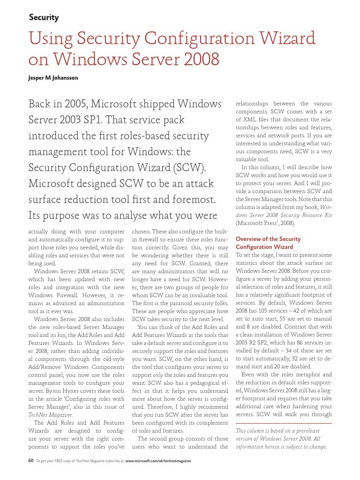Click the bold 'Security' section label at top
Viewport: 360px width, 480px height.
[x=44, y=18]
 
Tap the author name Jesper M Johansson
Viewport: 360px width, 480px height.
[x=53, y=78]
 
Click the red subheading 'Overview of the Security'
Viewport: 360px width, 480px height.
[x=268, y=239]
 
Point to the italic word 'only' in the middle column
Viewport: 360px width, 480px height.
[x=158, y=375]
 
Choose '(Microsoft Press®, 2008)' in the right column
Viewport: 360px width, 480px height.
[x=265, y=223]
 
